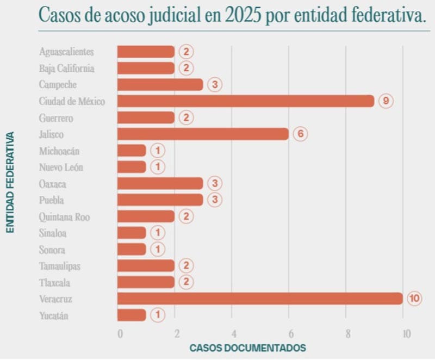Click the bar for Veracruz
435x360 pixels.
[260, 299]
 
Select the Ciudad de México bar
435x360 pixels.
[246, 101]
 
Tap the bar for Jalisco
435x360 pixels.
[203, 134]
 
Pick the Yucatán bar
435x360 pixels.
[132, 315]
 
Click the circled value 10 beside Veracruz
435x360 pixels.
[414, 299]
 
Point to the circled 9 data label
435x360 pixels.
[386, 101]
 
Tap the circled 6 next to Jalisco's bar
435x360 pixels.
[300, 134]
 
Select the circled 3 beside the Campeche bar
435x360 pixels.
[215, 85]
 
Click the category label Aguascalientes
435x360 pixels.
[66, 52]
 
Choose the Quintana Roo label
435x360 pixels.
[64, 217]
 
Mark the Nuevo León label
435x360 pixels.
[61, 167]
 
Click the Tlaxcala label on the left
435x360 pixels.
[54, 283]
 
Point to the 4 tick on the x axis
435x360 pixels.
[233, 333]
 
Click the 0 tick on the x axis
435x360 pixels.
[120, 333]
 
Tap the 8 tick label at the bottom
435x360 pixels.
[347, 333]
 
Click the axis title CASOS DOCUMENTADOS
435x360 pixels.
[247, 347]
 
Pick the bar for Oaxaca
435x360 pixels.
[160, 183]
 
